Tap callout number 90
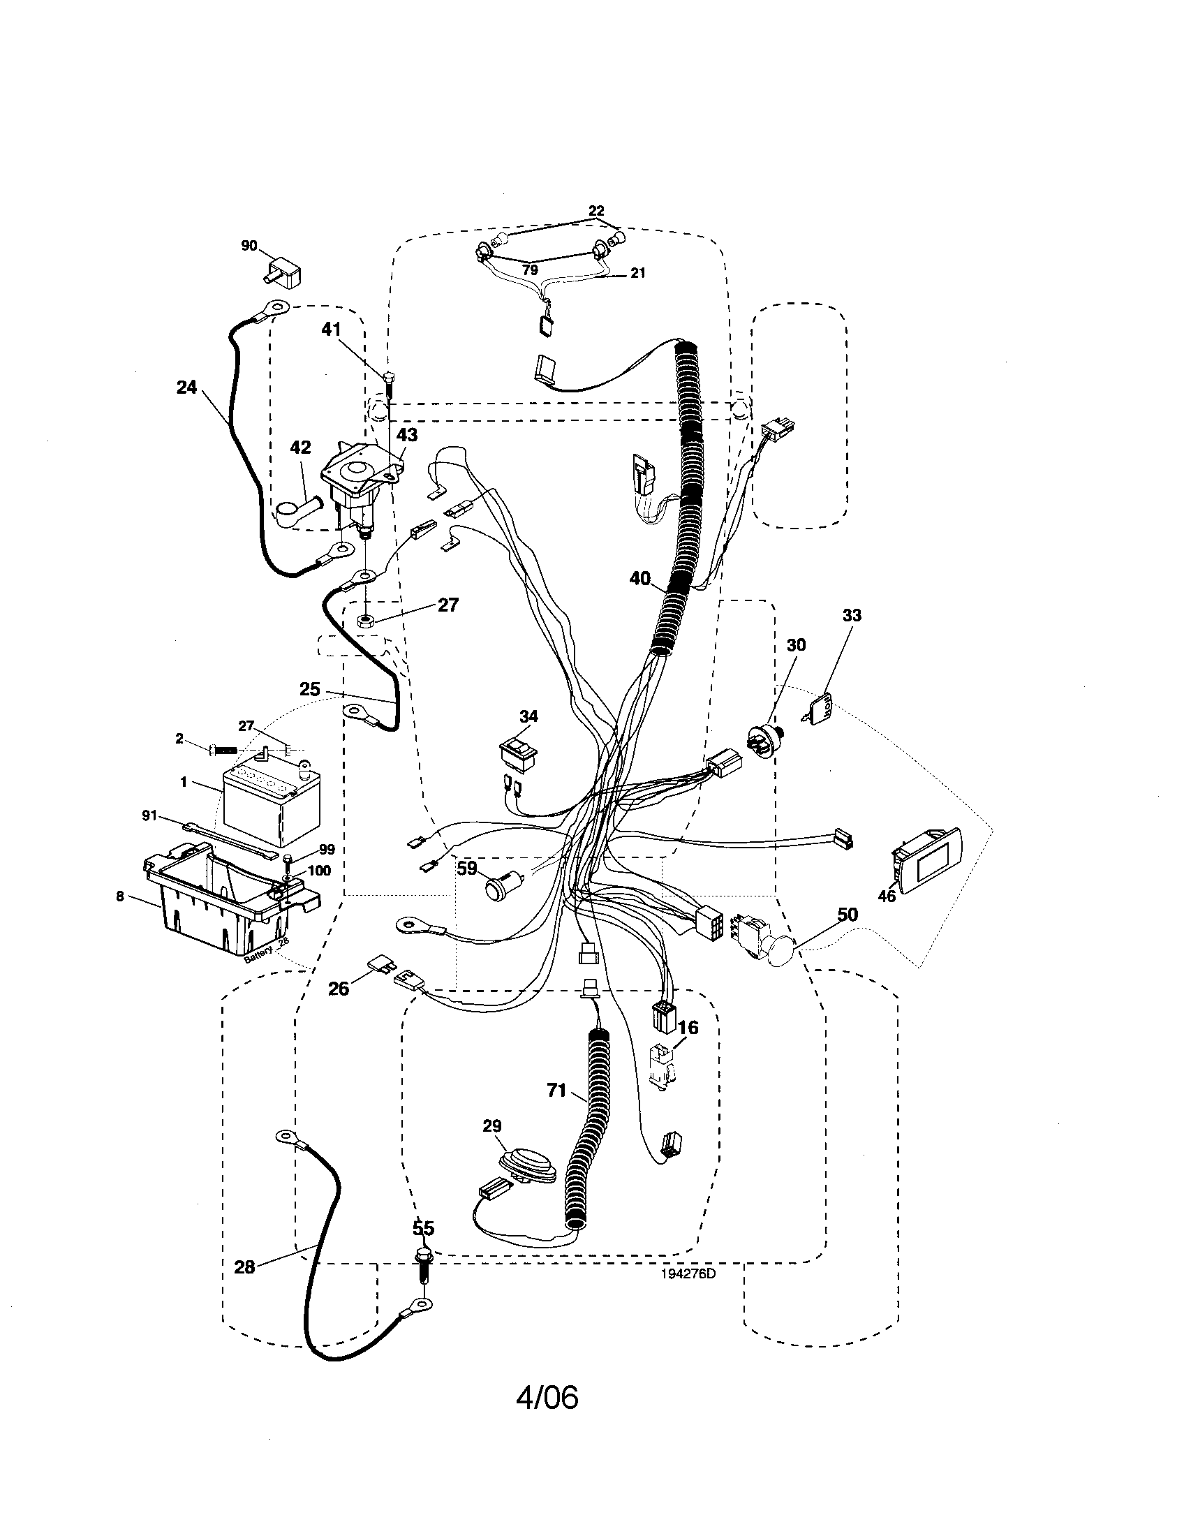(249, 246)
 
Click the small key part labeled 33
(820, 706)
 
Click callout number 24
(186, 387)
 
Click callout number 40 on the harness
(639, 578)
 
